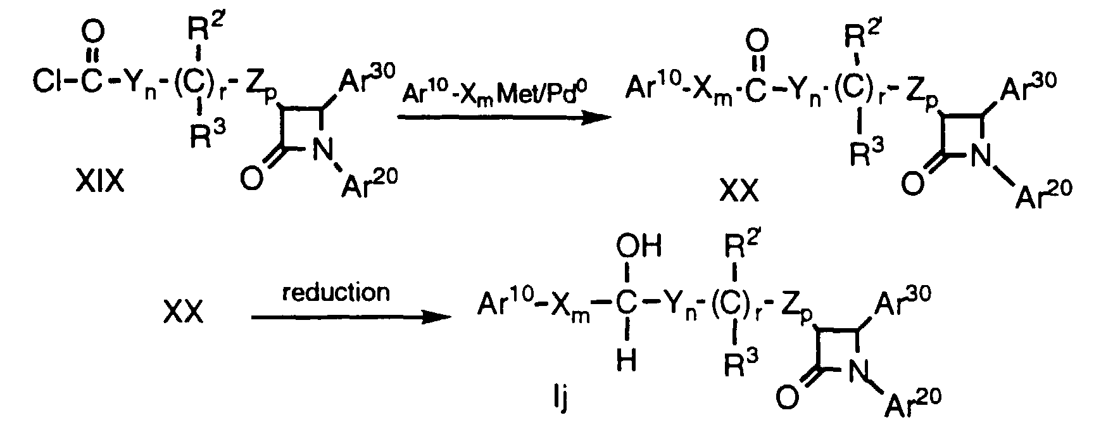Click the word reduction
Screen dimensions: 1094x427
(x=336, y=293)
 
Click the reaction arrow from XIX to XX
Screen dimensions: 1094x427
(x=500, y=117)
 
